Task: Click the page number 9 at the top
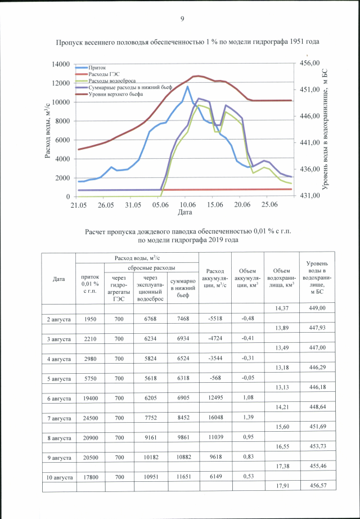(x=182, y=20)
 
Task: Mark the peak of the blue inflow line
(x=188, y=87)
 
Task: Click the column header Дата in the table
(x=59, y=279)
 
